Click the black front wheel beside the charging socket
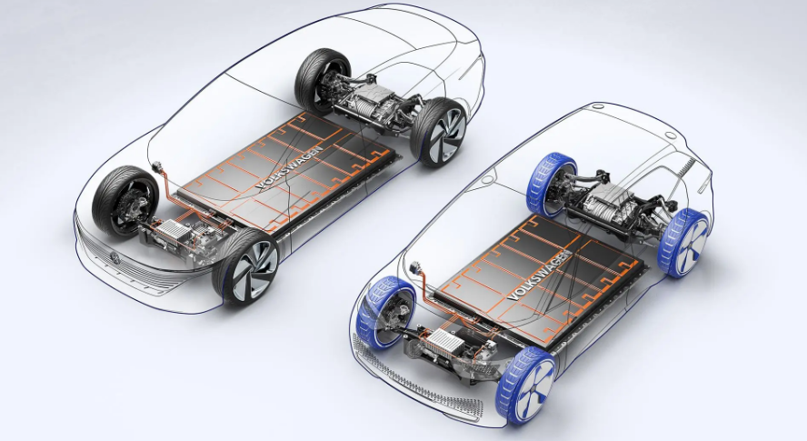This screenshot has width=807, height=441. pos(125,197)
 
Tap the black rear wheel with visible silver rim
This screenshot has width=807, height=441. pos(439,131)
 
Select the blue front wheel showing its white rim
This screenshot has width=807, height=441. pos(527,385)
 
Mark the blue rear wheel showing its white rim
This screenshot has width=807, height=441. pos(683,242)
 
